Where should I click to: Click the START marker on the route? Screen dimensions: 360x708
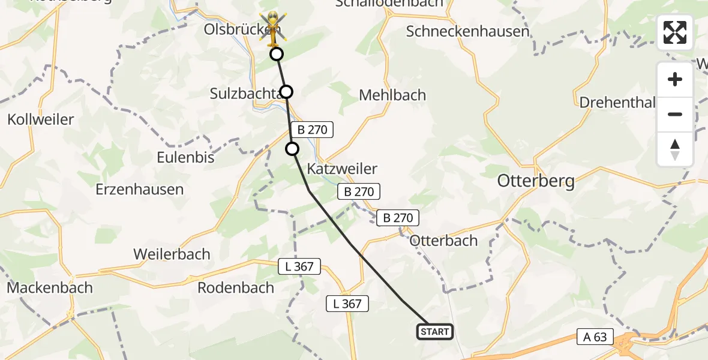point(434,332)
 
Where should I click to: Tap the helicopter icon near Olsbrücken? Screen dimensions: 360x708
point(272,28)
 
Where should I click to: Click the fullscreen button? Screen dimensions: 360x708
point(675,32)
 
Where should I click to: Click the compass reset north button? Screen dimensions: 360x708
point(675,149)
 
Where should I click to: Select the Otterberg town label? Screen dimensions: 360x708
point(536,181)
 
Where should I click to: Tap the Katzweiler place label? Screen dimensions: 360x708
point(341,169)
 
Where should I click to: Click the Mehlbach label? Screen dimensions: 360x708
point(392,95)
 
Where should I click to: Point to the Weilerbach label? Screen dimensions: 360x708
point(172,254)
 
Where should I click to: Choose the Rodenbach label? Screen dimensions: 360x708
point(236,287)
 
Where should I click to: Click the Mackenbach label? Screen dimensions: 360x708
point(50,287)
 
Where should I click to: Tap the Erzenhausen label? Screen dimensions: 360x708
point(139,189)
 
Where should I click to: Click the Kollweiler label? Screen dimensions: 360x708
point(40,119)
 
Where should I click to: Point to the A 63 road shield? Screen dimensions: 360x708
point(595,337)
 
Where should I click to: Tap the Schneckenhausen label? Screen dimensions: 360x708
point(467,31)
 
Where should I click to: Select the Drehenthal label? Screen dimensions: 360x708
point(617,102)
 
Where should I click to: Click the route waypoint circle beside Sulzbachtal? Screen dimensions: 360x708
point(286,92)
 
